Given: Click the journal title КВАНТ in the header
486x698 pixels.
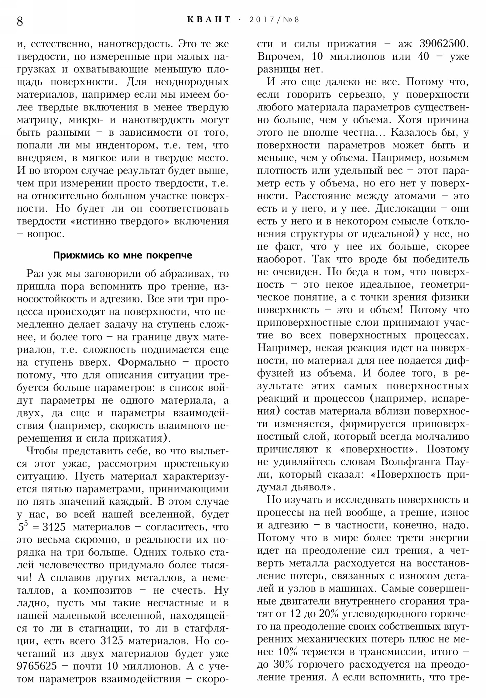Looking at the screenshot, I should [209, 20].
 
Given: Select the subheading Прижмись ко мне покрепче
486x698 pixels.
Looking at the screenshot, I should [122, 255].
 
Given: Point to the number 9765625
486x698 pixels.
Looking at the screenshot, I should [36, 666].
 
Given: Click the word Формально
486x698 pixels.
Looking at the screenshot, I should [147, 362].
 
